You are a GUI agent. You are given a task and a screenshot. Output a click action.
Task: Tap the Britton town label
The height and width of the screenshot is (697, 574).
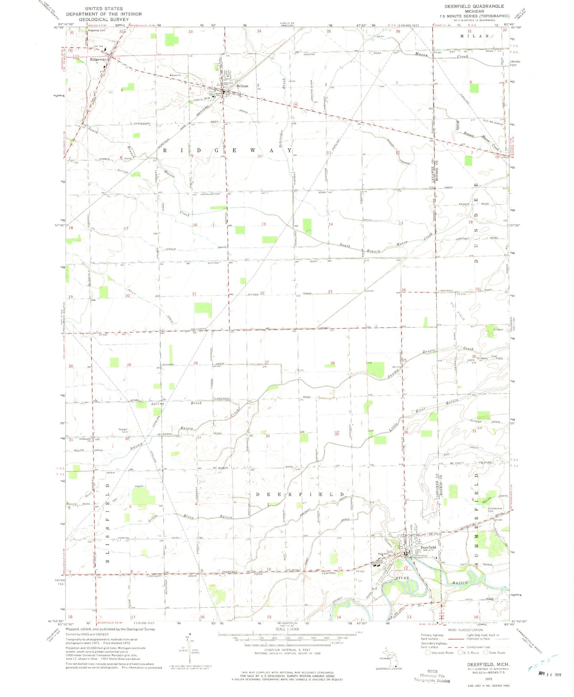(x=242, y=86)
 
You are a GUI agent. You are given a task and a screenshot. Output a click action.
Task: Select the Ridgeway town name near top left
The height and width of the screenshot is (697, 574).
(x=98, y=60)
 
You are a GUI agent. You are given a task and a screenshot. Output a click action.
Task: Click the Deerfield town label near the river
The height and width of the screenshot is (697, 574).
(x=428, y=547)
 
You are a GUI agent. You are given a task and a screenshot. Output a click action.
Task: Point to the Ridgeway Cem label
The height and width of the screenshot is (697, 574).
(x=97, y=30)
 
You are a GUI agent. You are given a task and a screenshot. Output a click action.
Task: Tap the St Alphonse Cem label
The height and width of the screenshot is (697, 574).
(x=495, y=510)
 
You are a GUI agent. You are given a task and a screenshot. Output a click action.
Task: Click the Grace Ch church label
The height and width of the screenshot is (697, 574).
(x=175, y=75)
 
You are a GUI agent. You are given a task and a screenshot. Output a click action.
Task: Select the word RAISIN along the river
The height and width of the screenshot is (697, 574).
(x=461, y=583)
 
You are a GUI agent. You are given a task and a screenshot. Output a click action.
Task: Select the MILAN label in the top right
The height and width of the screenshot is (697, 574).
(x=474, y=36)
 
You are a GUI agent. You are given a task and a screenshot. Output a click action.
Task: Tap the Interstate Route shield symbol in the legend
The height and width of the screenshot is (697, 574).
(x=428, y=652)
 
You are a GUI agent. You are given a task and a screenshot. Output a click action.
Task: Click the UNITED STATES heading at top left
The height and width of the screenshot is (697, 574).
(x=104, y=8)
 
